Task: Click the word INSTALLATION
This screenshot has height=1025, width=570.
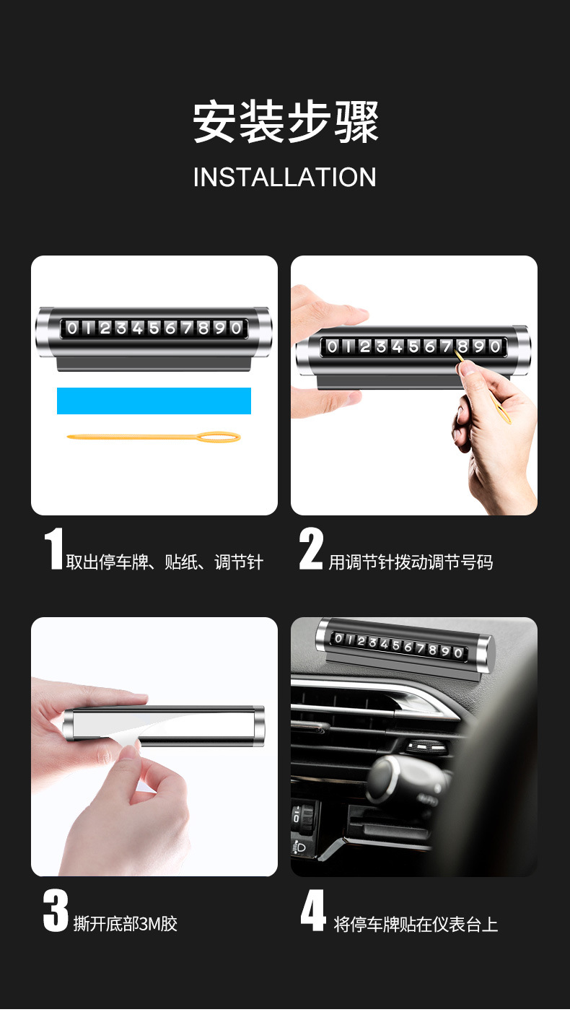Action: tap(285, 178)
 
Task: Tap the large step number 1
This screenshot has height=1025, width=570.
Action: tap(53, 549)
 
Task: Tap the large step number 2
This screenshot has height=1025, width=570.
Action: tap(311, 549)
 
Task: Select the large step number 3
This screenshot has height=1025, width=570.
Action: tap(56, 911)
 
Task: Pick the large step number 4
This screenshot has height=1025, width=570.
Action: tap(314, 911)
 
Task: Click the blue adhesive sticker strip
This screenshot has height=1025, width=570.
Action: tap(154, 401)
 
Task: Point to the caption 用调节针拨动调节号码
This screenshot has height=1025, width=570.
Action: tap(411, 562)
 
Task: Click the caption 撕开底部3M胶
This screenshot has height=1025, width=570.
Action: tap(125, 923)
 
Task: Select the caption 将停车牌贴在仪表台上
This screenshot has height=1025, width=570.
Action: tap(416, 924)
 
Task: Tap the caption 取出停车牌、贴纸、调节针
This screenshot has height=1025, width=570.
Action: tap(165, 562)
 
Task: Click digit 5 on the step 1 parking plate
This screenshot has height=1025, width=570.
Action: tap(154, 328)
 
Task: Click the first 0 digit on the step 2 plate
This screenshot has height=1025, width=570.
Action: tap(332, 346)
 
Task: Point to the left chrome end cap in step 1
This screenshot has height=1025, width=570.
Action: tap(45, 331)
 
